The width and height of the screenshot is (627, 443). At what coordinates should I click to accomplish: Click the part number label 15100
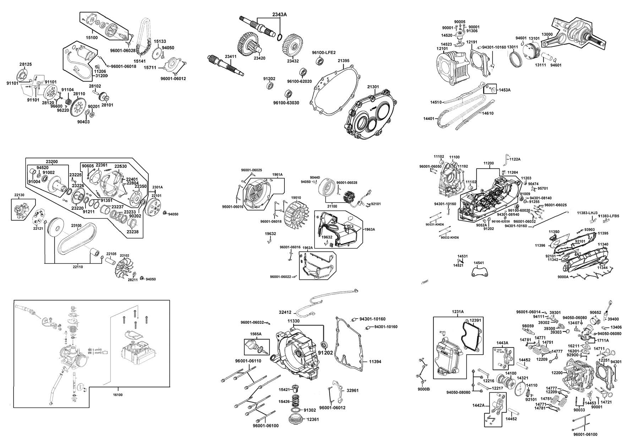(x=92, y=37)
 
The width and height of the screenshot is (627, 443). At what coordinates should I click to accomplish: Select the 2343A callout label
(x=279, y=14)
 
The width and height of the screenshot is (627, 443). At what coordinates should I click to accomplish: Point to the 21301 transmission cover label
(x=373, y=87)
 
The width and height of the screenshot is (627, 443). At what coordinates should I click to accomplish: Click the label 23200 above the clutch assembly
(x=51, y=161)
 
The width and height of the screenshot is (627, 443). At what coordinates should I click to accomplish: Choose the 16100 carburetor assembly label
(x=118, y=395)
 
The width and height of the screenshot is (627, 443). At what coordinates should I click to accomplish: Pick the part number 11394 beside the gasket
(x=375, y=362)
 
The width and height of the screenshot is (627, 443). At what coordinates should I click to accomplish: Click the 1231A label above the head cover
(x=458, y=312)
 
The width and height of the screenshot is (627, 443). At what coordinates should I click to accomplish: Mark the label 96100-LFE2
(x=321, y=52)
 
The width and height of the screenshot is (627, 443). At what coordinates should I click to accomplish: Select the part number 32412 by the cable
(x=285, y=312)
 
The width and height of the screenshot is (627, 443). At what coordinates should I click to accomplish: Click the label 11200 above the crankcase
(x=489, y=164)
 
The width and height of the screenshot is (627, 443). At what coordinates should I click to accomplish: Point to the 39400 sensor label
(x=613, y=319)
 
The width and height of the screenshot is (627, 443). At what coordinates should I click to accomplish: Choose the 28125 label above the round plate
(x=26, y=64)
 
